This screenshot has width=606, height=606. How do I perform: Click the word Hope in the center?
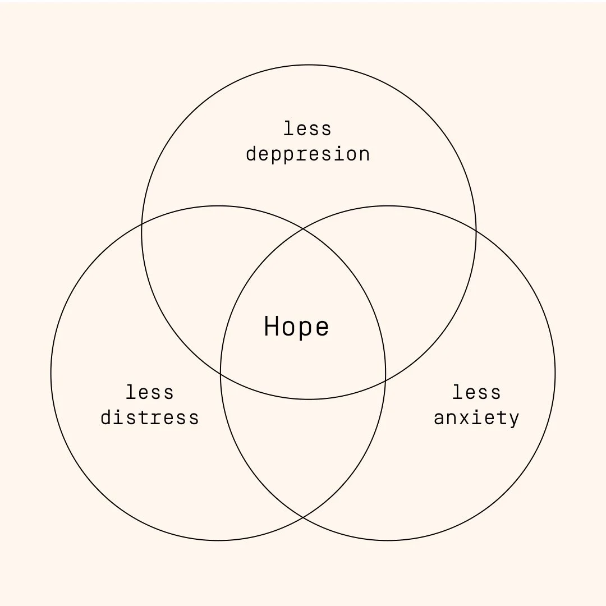(296, 327)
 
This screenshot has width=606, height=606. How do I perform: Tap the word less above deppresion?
(307, 128)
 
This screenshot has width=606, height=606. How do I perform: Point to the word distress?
(150, 418)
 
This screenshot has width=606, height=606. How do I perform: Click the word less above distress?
(150, 392)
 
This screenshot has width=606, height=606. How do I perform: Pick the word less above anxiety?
(476, 392)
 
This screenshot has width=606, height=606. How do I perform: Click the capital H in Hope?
(271, 326)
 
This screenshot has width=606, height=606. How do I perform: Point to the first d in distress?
(107, 418)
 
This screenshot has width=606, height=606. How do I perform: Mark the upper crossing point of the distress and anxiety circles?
(303, 229)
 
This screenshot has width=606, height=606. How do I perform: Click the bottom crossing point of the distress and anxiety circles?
(303, 517)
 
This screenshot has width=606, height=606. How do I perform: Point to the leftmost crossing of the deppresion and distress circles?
(142, 224)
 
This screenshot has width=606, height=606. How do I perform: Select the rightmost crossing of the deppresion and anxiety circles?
(476, 231)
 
